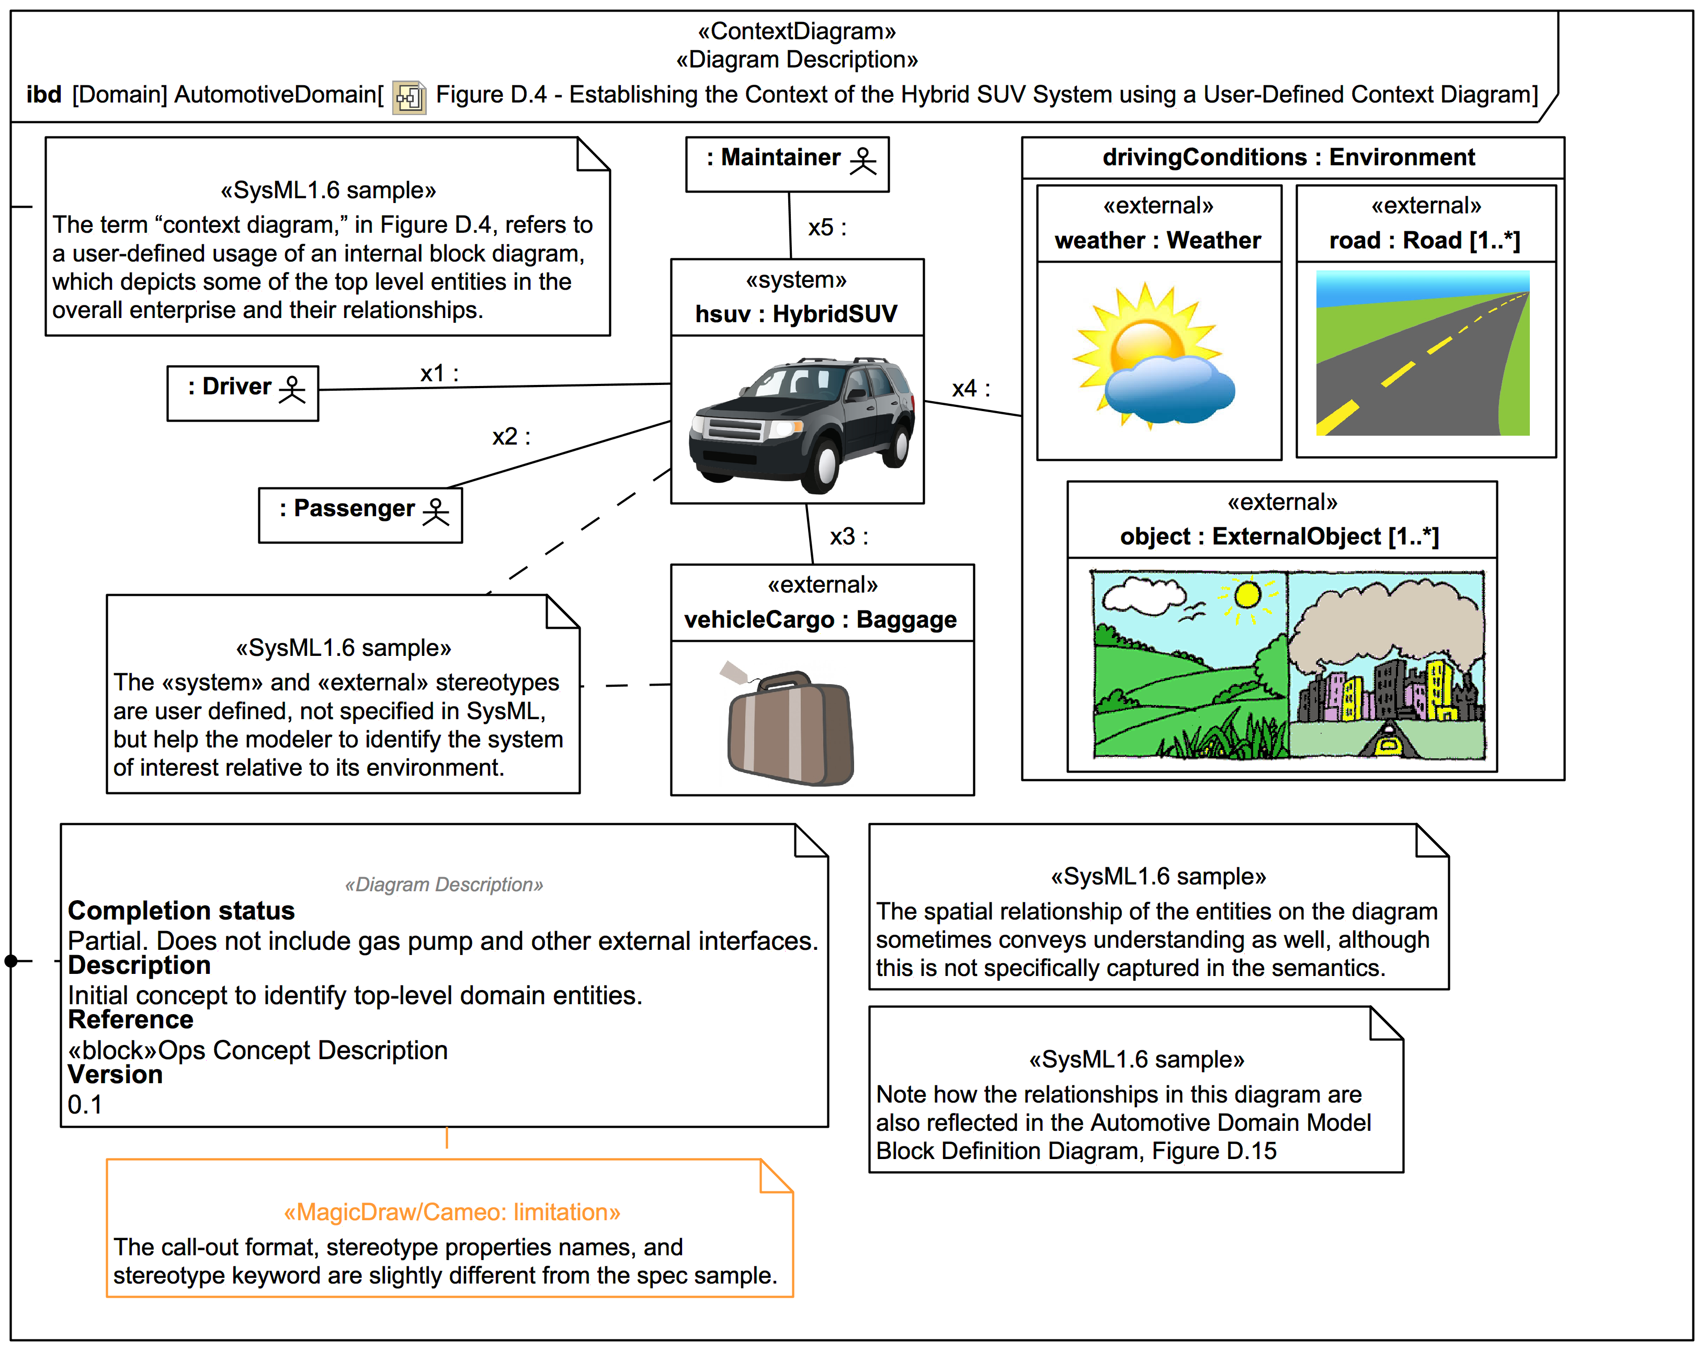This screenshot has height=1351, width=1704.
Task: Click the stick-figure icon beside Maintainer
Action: [x=862, y=161]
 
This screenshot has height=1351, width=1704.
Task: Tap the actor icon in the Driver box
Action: [x=292, y=389]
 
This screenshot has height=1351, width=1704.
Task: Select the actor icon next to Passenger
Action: [x=436, y=512]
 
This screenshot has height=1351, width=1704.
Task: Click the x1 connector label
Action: [x=439, y=373]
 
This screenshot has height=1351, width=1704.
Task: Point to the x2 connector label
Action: [x=510, y=436]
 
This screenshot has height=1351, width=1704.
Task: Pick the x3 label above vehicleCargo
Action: [x=848, y=537]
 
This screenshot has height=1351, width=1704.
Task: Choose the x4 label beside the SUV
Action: [x=970, y=388]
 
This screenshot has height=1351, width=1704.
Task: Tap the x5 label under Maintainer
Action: [x=826, y=228]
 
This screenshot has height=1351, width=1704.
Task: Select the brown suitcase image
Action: [x=790, y=727]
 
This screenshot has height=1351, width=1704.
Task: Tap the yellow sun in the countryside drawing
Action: [x=1247, y=595]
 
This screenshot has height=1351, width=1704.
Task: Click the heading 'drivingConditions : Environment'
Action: [x=1288, y=157]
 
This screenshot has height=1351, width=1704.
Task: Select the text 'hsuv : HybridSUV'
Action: [x=796, y=314]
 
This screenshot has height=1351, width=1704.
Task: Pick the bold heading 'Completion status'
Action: [x=181, y=911]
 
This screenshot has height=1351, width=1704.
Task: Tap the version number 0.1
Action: [x=85, y=1104]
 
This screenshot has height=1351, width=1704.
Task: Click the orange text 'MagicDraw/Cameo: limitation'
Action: [x=451, y=1212]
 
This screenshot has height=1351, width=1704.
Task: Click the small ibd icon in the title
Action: [x=410, y=97]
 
